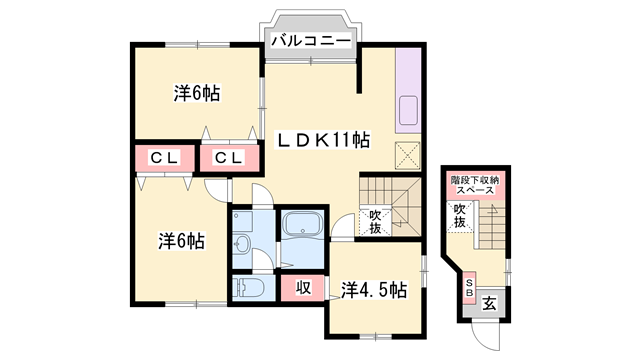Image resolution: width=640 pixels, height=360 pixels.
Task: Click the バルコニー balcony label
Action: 309,41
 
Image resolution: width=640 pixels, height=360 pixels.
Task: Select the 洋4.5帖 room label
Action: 373,290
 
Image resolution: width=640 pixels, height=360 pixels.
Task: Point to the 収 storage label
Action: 302,289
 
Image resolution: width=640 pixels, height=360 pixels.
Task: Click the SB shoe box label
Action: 469,290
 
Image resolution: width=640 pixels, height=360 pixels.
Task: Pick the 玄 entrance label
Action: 491,303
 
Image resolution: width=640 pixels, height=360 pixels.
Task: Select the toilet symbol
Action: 250,289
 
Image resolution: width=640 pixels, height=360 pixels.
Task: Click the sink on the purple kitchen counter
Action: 409,109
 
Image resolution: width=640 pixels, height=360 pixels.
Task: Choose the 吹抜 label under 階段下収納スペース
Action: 460,215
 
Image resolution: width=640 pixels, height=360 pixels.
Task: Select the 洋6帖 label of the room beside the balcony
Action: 196,94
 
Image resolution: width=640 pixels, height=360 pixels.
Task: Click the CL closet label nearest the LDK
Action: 227,157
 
